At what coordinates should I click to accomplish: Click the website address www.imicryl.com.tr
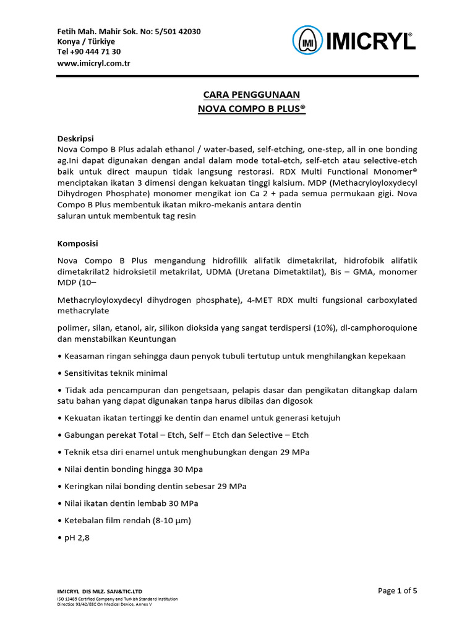point(93,63)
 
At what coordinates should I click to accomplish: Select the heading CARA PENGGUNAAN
point(251,95)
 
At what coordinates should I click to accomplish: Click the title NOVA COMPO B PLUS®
point(251,108)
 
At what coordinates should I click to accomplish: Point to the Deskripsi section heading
point(75,138)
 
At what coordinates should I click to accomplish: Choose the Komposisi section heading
point(78,244)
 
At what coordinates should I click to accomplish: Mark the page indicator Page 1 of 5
point(401,590)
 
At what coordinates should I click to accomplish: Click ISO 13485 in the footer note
point(69,599)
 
